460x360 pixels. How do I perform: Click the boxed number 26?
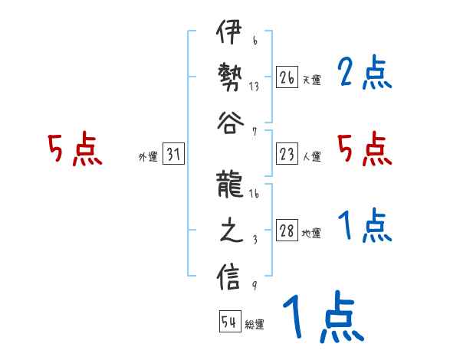pyautogui.click(x=287, y=77)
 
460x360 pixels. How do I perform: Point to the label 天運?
pyautogui.click(x=312, y=80)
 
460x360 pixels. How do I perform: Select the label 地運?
pyautogui.click(x=312, y=234)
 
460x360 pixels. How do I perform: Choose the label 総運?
pyautogui.click(x=255, y=324)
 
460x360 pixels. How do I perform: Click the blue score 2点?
pyautogui.click(x=364, y=74)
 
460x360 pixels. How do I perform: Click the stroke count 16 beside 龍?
pyautogui.click(x=254, y=195)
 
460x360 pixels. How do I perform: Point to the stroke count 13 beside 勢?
pyautogui.click(x=254, y=86)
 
